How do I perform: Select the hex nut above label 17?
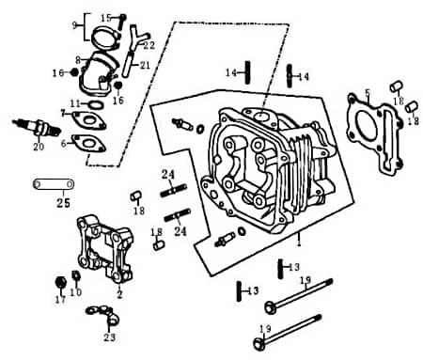[x=59, y=281]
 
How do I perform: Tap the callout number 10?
[x=77, y=292]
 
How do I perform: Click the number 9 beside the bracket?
[x=76, y=24]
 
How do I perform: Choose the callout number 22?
[x=149, y=45]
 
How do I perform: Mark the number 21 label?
[x=146, y=65]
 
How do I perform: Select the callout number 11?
[x=72, y=102]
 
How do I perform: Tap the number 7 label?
[x=64, y=114]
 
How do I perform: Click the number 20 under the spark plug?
[x=39, y=147]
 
